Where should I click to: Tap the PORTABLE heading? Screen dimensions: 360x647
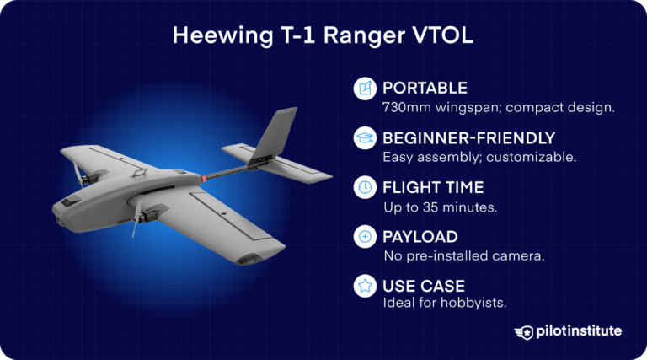pos(425,88)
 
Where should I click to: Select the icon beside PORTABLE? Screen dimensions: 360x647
pos(365,88)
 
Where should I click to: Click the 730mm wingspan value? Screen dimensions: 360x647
pos(408,107)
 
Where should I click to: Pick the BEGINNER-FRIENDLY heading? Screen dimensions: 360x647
pos(469,137)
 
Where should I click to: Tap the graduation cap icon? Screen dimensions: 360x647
pos(365,137)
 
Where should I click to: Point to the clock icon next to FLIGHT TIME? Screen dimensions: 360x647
pos(365,187)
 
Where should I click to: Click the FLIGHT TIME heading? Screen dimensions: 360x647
pos(434,187)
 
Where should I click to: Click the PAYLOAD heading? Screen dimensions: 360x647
pos(420,237)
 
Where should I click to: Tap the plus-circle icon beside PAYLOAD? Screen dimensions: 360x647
pos(365,237)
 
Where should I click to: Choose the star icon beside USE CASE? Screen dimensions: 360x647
pos(365,287)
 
